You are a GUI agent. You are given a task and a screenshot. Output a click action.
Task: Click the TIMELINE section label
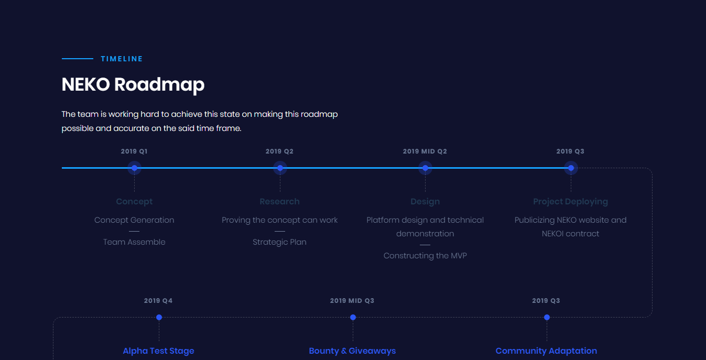click(122, 59)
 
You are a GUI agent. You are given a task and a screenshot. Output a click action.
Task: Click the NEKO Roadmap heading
click(133, 85)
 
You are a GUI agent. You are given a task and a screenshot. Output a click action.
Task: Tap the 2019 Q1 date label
click(134, 151)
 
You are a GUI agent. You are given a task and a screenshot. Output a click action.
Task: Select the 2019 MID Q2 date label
click(425, 151)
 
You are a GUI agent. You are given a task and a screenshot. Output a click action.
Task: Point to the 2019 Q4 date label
click(158, 301)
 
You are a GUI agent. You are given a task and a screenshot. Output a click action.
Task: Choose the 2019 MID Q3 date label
click(352, 301)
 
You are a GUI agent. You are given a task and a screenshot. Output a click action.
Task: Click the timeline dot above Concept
click(134, 168)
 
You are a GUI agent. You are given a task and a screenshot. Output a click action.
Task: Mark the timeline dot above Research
click(280, 168)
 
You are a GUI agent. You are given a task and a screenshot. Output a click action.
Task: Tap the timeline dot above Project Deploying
click(571, 168)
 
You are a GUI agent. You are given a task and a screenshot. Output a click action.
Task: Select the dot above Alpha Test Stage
click(159, 317)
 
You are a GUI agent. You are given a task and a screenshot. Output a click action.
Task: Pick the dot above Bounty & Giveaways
click(353, 317)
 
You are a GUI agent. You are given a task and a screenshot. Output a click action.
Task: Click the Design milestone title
click(425, 201)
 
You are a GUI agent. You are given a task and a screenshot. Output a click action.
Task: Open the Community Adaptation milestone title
click(546, 351)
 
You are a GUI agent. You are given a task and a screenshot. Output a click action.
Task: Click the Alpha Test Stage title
click(158, 351)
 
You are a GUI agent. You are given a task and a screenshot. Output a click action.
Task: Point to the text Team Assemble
click(134, 242)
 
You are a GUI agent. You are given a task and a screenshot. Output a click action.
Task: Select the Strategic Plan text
click(279, 242)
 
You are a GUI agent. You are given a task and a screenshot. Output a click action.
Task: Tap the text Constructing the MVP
click(425, 256)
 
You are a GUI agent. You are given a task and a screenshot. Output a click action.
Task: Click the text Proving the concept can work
click(279, 220)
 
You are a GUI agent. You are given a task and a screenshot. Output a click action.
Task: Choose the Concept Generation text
click(134, 220)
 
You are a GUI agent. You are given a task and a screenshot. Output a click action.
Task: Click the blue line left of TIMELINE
click(78, 59)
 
